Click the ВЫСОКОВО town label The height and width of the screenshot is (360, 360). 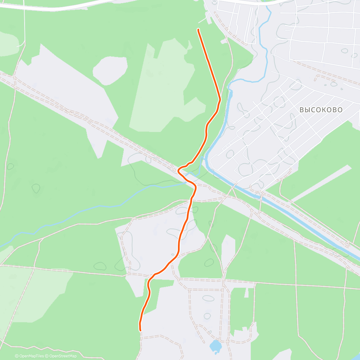[x=321, y=110]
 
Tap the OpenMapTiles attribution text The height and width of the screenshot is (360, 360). [x=31, y=356]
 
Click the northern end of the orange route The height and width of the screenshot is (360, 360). [x=198, y=29]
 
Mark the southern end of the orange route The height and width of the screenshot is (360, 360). [x=140, y=330]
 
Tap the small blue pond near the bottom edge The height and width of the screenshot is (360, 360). [x=215, y=346]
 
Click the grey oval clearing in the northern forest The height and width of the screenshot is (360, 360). [x=109, y=70]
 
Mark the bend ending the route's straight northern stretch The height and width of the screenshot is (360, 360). [x=220, y=99]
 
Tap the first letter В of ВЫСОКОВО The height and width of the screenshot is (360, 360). [x=302, y=110]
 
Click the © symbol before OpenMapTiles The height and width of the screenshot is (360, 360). [x=16, y=356]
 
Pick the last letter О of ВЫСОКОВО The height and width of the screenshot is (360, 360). [x=340, y=110]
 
